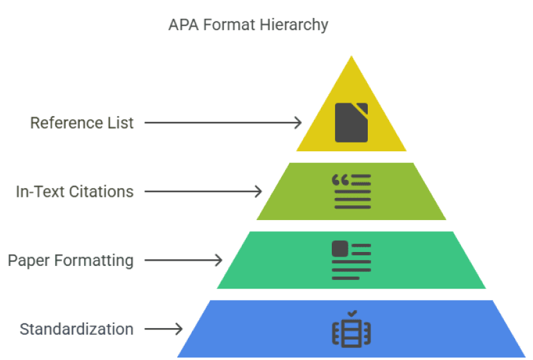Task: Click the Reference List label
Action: pos(82,123)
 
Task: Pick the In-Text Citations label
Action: pos(75,191)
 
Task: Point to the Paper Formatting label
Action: pos(71,260)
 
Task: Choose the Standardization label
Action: pos(77,329)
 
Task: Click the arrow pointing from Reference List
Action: pos(223,123)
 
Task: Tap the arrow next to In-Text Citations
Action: pos(203,191)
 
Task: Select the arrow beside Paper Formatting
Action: pos(183,260)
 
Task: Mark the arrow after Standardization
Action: pos(163,329)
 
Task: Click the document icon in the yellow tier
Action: pos(351,123)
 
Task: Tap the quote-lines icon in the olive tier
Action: pos(351,191)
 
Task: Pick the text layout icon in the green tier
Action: pos(351,260)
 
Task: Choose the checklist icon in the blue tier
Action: pos(351,329)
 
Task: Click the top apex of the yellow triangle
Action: pos(351,58)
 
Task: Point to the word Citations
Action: pos(104,191)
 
